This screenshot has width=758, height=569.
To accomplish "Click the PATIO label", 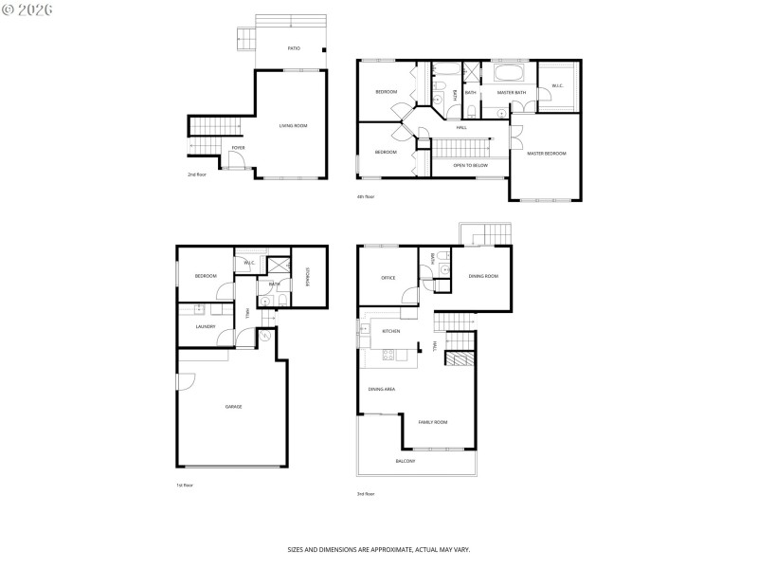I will pos(294,46).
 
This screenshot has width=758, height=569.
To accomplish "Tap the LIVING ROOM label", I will pos(293,125).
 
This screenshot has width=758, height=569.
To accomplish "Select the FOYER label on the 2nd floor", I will pos(239,148).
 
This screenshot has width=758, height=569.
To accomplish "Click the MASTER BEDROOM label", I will pos(547,153).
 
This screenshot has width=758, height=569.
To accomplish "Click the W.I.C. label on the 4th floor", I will pos(558,86).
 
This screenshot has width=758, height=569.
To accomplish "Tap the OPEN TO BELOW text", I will pos(471,165).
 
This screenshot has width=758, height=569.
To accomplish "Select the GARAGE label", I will pos(233,407).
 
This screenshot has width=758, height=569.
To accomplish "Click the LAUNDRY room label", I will pos(206,327).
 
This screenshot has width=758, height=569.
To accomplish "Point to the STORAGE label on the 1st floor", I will pos(308,276).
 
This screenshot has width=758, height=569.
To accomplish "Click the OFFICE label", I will pos(388,278).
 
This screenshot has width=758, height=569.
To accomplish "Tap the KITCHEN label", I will pos(390,331).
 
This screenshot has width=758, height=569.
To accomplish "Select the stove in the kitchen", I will pos(387,356).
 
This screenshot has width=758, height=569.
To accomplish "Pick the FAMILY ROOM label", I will pos(433,421).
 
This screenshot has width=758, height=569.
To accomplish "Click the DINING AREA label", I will pos(382,389).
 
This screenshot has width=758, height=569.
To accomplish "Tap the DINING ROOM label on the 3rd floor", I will pos(483,276).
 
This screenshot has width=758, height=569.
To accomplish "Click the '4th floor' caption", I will pos(366,196).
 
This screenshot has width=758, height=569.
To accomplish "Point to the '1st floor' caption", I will pos(185,485).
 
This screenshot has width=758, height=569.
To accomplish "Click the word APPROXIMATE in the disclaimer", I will pos(391,549).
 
